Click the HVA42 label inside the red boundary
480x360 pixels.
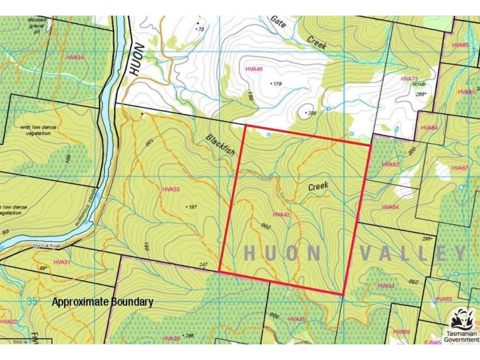coord(281,214)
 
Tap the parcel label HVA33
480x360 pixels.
coord(171,189)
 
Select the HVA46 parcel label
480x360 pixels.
coord(254,70)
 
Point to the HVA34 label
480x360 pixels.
coord(76,58)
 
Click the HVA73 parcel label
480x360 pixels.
coord(409,79)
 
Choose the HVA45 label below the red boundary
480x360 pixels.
coord(296,319)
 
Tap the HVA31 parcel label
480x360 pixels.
coord(62,262)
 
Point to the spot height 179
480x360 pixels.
coord(277,84)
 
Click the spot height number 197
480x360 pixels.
coord(192,207)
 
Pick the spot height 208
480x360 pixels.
coord(311,113)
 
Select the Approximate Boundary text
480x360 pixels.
coord(102,302)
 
